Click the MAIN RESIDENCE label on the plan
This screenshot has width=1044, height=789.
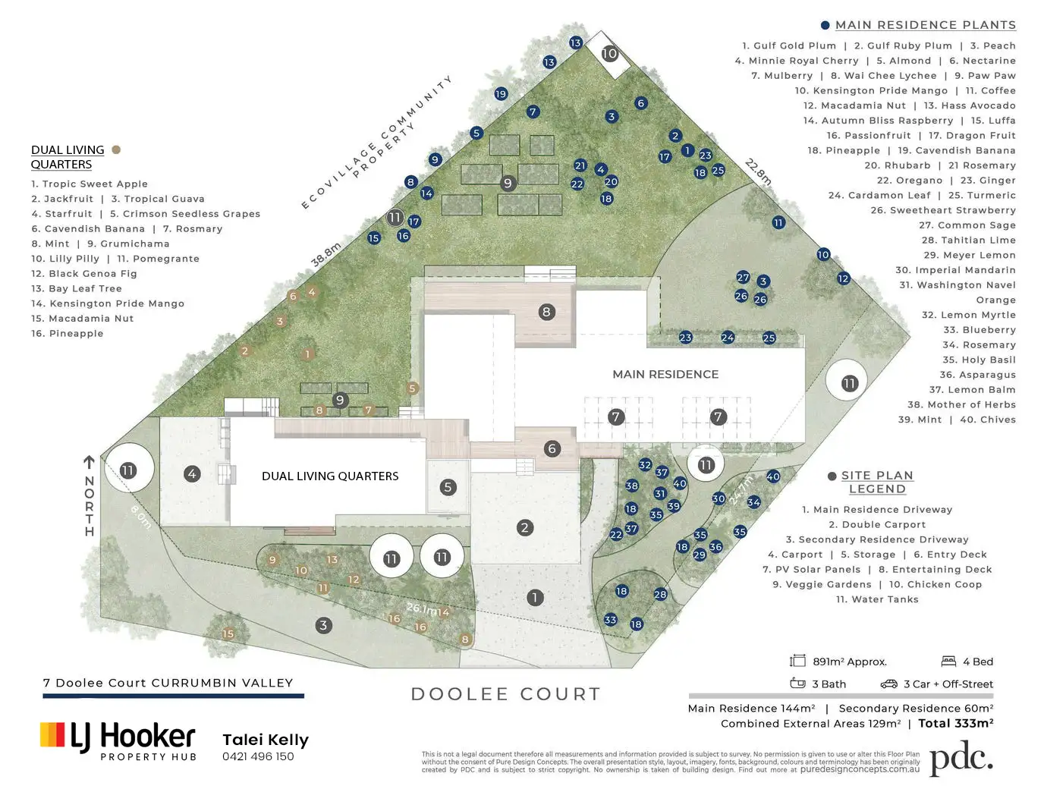pyautogui.click(x=665, y=374)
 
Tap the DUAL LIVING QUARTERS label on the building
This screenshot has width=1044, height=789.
pyautogui.click(x=330, y=476)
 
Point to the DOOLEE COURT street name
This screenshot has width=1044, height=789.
pyautogui.click(x=505, y=694)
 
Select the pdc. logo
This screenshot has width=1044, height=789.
pyautogui.click(x=961, y=759)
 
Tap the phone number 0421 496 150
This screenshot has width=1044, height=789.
pyautogui.click(x=258, y=756)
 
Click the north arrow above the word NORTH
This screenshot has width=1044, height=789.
pyautogui.click(x=89, y=462)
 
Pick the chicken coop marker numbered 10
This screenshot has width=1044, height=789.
pyautogui.click(x=610, y=53)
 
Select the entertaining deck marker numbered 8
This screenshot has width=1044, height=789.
pyautogui.click(x=546, y=312)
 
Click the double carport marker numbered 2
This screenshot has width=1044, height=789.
pyautogui.click(x=525, y=527)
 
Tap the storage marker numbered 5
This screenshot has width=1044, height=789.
pyautogui.click(x=448, y=487)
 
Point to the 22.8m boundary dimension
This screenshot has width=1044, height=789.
pyautogui.click(x=758, y=171)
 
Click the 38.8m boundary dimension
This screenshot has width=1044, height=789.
pyautogui.click(x=326, y=255)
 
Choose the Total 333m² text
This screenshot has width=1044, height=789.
pyautogui.click(x=955, y=724)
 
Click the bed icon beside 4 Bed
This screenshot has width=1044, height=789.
pyautogui.click(x=948, y=662)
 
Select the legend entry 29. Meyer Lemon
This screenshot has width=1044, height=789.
pyautogui.click(x=969, y=255)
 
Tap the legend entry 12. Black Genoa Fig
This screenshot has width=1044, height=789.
pyautogui.click(x=84, y=274)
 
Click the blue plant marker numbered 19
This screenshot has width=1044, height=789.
pyautogui.click(x=501, y=94)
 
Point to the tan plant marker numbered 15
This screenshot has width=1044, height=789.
pyautogui.click(x=228, y=633)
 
